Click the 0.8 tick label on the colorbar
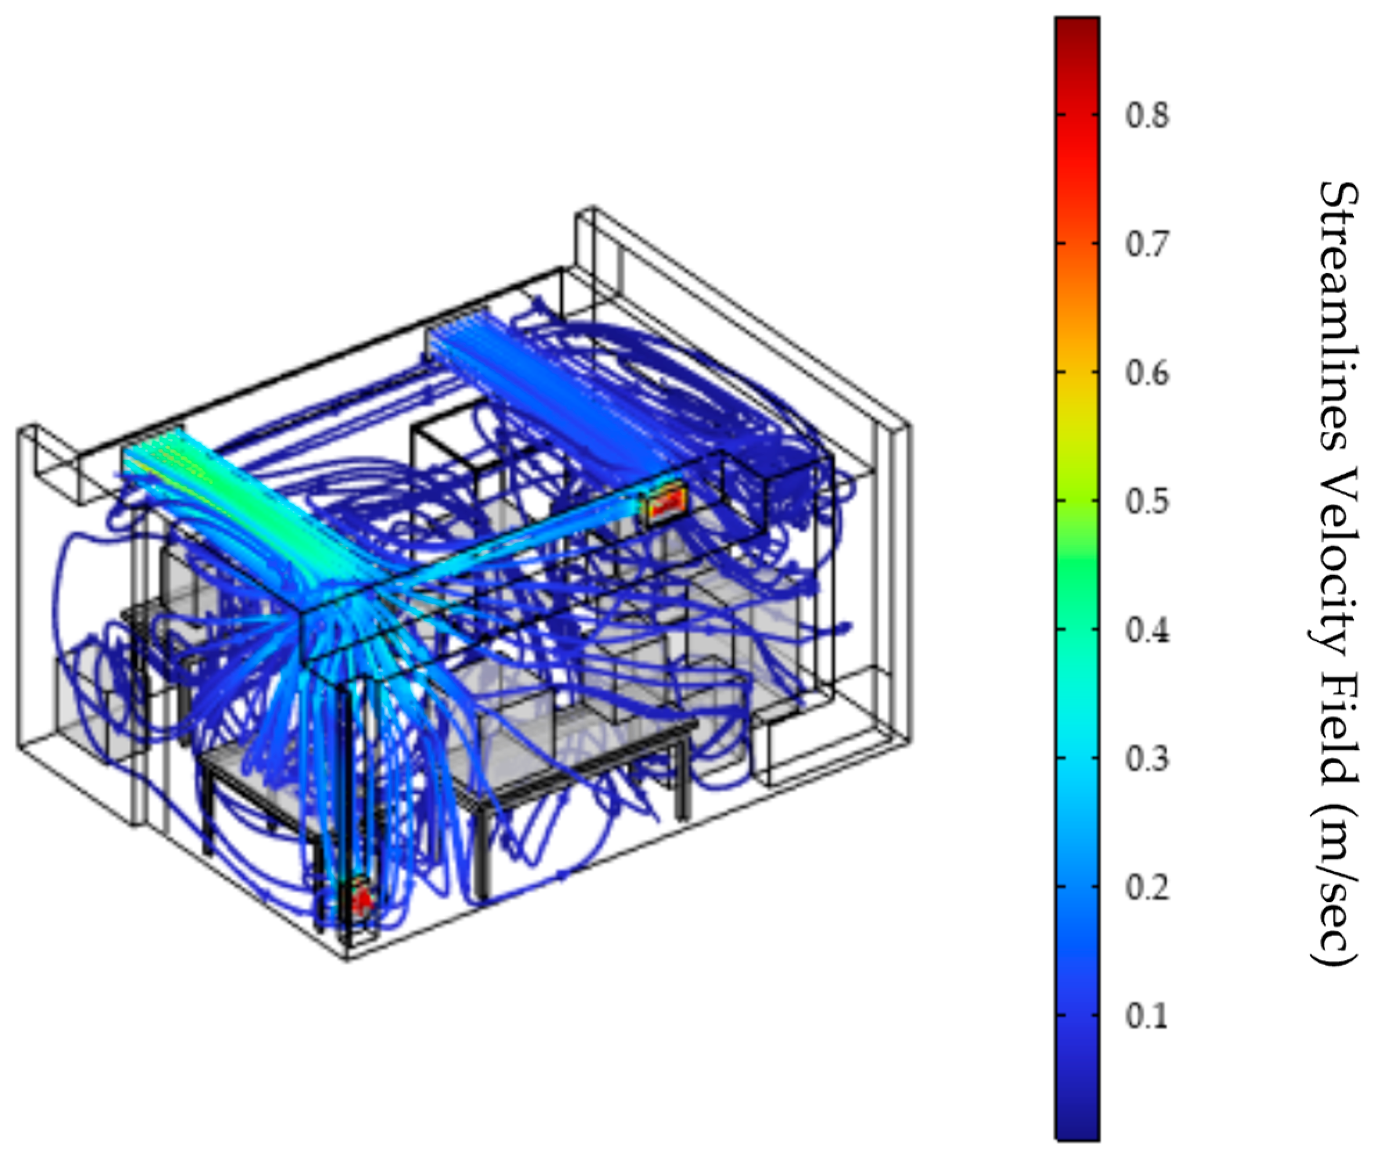click(1147, 116)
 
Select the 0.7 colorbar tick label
click(1147, 244)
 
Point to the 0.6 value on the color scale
click(1147, 373)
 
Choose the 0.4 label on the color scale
click(1147, 630)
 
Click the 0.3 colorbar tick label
click(1147, 759)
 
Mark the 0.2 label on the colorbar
click(1147, 887)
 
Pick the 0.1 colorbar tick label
click(1147, 1016)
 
